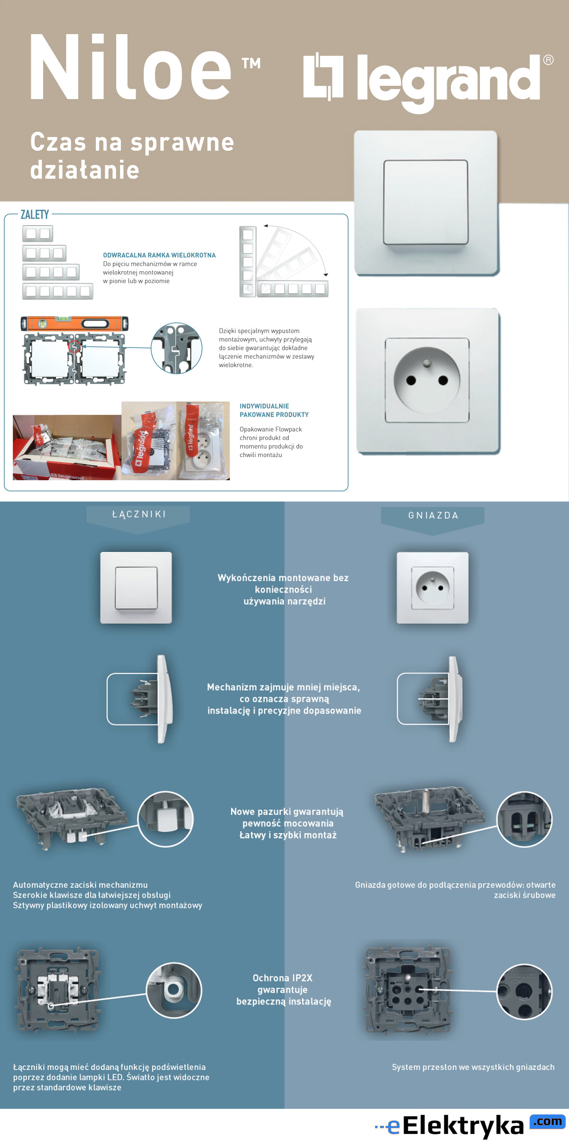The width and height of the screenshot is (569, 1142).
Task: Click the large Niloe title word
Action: pos(130,67)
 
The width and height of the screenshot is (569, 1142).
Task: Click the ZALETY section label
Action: pos(35,215)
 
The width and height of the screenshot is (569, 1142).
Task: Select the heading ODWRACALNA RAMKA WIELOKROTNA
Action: pos(159,255)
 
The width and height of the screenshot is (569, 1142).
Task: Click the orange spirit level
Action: pos(74,323)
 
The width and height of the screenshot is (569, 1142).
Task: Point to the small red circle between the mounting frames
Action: pos(74,347)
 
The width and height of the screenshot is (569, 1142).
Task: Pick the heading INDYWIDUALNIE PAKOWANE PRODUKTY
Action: pos(274,410)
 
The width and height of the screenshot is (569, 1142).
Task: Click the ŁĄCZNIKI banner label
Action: pos(138,514)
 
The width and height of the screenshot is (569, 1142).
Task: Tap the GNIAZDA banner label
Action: pos(433,515)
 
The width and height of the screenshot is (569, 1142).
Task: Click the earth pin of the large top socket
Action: pos(427,364)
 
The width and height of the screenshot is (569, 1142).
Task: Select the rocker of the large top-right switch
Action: pos(425,202)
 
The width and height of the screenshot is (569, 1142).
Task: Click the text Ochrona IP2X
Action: pos(283,978)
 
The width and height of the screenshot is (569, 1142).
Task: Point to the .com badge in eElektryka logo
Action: pos(548,1121)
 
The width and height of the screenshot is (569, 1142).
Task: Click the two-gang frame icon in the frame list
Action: pos(37,233)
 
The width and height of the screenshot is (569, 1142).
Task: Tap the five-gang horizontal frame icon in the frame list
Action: pos(58,291)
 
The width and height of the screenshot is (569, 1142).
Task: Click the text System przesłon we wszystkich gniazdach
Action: pos(473,1067)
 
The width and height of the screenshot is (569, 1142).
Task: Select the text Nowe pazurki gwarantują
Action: pos(287,812)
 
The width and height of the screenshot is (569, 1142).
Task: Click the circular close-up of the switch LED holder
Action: pos(174,990)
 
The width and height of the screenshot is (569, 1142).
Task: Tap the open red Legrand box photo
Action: pos(66,448)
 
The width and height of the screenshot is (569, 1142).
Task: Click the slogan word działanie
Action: pos(85,170)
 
